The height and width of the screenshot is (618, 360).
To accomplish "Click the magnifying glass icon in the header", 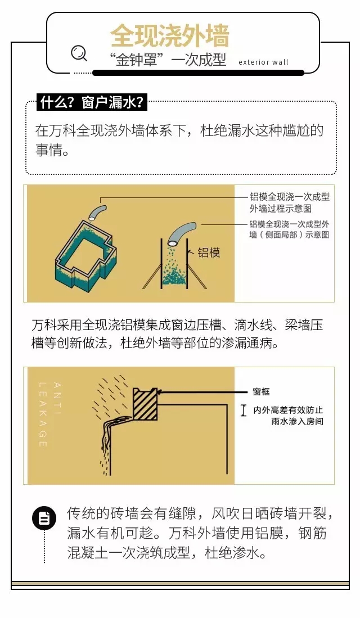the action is pyautogui.click(x=79, y=53).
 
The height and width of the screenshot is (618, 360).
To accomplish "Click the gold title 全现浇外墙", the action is pyautogui.click(x=169, y=36).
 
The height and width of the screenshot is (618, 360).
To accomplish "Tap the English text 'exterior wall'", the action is pyautogui.click(x=263, y=62).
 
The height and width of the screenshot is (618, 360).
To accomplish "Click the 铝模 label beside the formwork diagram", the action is pyautogui.click(x=209, y=252).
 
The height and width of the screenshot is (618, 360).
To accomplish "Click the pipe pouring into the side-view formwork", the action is pyautogui.click(x=181, y=233).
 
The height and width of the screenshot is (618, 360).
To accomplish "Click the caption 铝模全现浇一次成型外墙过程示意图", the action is pyautogui.click(x=290, y=202).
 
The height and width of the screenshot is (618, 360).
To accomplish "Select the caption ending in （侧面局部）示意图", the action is pyautogui.click(x=289, y=229).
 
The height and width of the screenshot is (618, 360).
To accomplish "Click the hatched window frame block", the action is pyautogui.click(x=145, y=404).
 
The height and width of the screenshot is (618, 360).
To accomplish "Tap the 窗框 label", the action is pyautogui.click(x=261, y=391).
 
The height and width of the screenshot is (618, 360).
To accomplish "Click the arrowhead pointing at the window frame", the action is pyautogui.click(x=162, y=392).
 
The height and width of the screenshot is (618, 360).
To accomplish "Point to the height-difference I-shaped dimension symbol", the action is pyautogui.click(x=244, y=411).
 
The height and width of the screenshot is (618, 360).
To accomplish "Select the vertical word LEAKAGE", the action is pyautogui.click(x=43, y=414).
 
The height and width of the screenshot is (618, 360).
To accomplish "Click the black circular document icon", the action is pyautogui.click(x=44, y=518).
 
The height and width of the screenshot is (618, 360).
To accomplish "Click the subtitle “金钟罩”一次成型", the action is pyautogui.click(x=168, y=60).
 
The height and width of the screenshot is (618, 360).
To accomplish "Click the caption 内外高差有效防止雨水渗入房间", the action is pyautogui.click(x=288, y=416).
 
